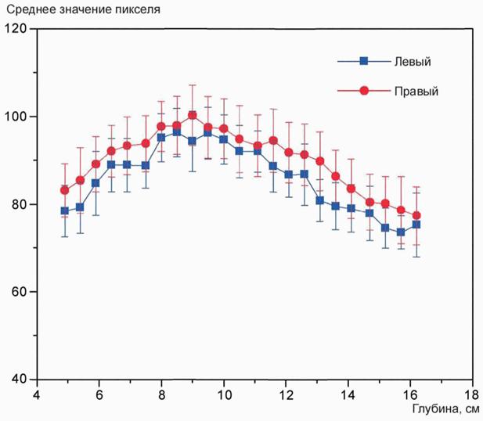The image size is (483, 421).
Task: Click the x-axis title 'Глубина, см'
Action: point(445,408)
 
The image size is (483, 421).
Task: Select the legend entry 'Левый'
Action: point(416,61)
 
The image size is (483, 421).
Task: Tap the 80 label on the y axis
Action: point(19,204)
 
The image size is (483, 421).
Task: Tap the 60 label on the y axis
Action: point(19,292)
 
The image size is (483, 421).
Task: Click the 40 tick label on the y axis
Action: point(19,380)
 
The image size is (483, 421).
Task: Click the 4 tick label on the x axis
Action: point(36,394)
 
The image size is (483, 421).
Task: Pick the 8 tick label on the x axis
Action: point(161,394)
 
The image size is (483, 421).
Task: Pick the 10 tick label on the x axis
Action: point(223,394)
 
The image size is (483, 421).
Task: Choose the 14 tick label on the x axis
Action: point(348,394)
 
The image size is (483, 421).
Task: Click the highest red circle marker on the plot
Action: point(193,115)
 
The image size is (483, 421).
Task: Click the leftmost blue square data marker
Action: point(65,211)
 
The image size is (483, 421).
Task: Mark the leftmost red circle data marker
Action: point(65,190)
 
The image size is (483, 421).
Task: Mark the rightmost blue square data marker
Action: point(416,225)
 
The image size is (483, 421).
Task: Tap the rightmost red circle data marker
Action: point(416,215)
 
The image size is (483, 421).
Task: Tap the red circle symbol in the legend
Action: point(364,91)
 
